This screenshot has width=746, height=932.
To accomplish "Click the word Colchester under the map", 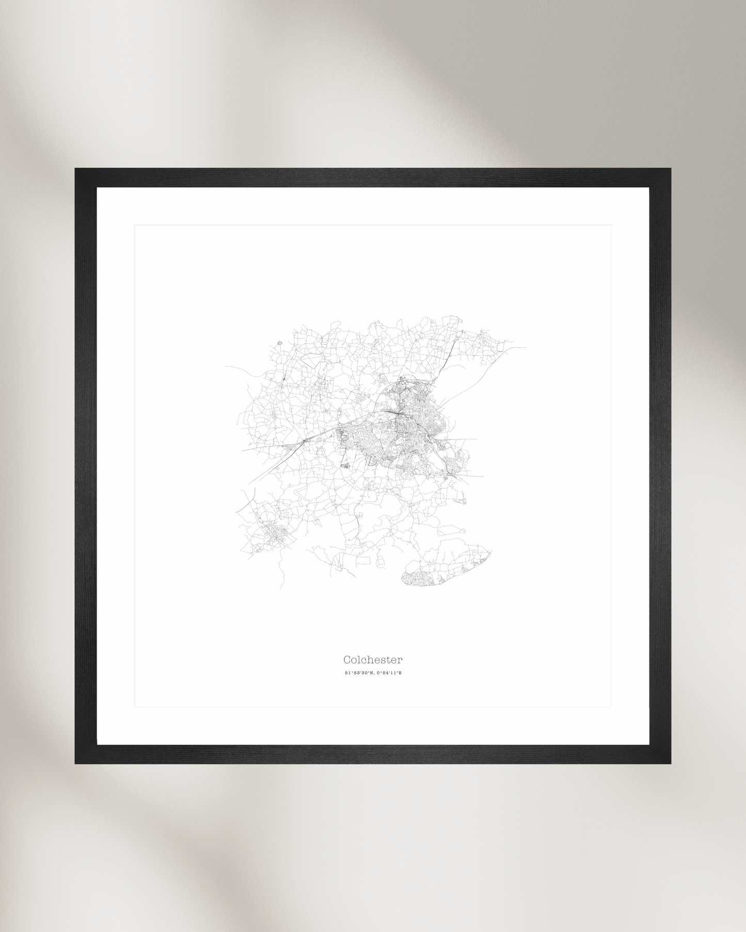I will (x=373, y=660).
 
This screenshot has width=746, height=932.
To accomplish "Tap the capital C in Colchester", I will (x=347, y=660).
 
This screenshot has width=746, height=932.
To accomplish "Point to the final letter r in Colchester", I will (x=400, y=660).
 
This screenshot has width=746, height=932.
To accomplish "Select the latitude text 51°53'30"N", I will (x=359, y=673).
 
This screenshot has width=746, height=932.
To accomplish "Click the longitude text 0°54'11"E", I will (x=389, y=673).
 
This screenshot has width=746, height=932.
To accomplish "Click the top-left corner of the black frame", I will (x=76, y=169).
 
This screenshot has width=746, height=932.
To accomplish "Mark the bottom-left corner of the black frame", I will (x=76, y=763).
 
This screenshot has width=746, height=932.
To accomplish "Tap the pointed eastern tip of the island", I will (x=490, y=552).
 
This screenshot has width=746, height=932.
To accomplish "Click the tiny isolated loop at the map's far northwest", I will (x=279, y=342).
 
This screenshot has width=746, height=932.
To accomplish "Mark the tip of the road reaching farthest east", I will (x=526, y=347).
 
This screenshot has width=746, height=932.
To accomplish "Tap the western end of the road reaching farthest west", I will (x=226, y=366).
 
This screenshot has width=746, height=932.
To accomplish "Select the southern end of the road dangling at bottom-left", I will (x=282, y=588).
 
